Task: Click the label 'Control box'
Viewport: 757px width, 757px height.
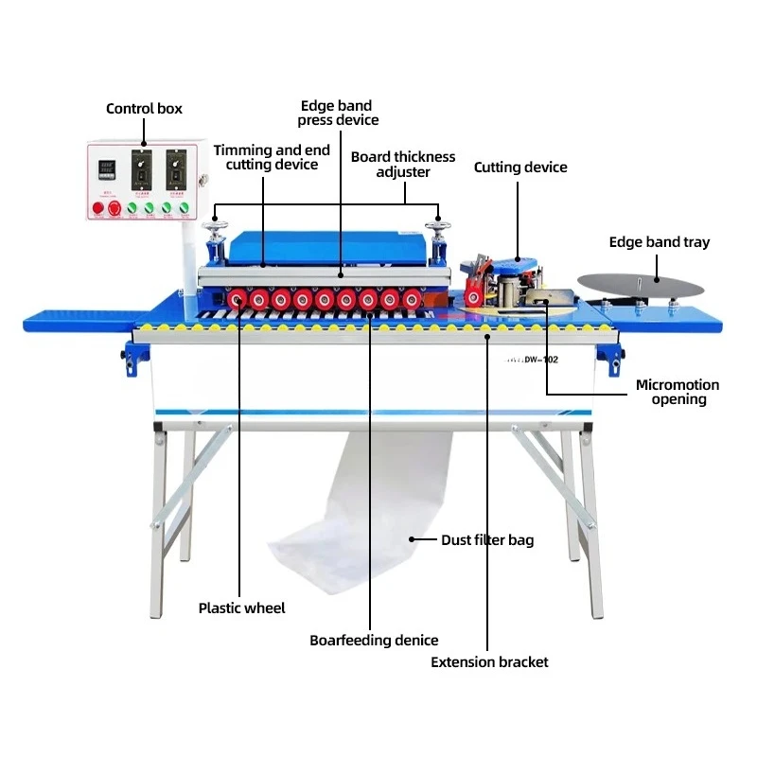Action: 144,109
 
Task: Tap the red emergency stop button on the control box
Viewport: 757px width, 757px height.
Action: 115,207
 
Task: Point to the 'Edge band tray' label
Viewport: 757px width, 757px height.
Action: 660,242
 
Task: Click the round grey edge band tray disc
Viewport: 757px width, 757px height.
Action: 642,282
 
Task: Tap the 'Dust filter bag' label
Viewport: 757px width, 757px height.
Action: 487,540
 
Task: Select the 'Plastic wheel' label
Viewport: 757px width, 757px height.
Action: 241,608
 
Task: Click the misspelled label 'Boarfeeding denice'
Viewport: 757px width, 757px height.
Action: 374,641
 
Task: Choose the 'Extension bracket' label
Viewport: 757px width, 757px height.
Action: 489,662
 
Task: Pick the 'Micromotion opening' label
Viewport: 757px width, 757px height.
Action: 678,392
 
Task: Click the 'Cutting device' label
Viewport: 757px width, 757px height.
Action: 520,167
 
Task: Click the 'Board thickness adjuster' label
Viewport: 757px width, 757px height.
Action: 403,164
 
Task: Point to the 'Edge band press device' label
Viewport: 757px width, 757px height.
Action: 338,113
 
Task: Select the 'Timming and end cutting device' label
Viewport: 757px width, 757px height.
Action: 271,157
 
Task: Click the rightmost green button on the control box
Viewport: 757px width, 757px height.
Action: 185,207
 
